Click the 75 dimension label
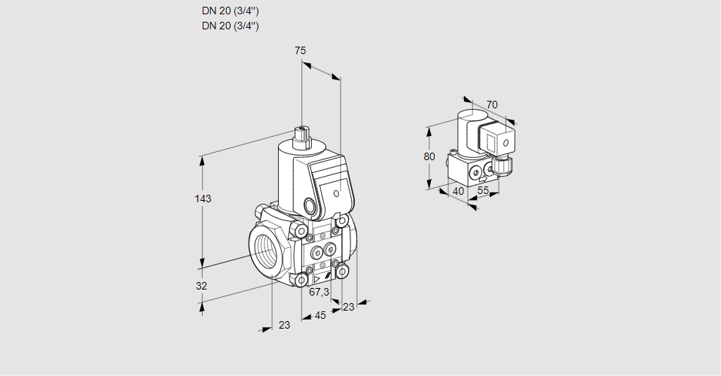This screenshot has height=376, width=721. [x=300, y=50]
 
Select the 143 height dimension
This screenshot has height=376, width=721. [x=203, y=199]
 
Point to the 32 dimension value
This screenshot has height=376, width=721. [x=201, y=286]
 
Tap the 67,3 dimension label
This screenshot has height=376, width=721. [x=319, y=292]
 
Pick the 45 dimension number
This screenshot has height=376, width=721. [x=320, y=315]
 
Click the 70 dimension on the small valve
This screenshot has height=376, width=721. [x=491, y=104]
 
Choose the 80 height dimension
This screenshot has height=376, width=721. [x=429, y=156]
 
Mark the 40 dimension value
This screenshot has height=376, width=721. [x=457, y=191]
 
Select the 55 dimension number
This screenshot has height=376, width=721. [x=484, y=191]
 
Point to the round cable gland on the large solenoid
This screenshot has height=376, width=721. [x=310, y=205]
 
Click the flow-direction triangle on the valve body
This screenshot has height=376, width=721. [x=316, y=278]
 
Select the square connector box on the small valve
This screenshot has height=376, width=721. [x=498, y=140]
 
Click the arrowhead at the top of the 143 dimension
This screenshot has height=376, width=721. [x=202, y=159]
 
